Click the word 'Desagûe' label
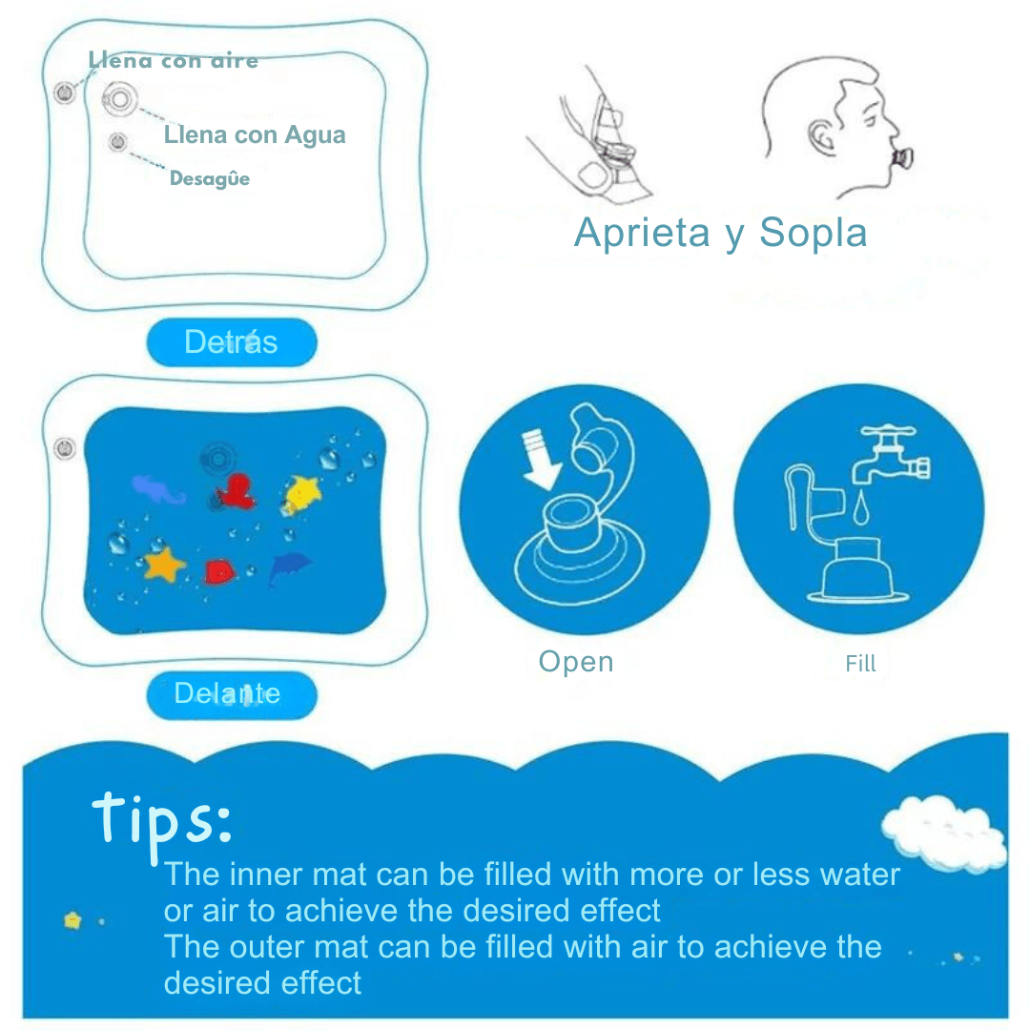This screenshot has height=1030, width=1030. tap(210, 178)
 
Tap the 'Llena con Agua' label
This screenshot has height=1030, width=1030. tap(255, 134)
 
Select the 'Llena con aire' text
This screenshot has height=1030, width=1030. tap(173, 61)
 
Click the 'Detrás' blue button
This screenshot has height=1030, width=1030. tap(231, 342)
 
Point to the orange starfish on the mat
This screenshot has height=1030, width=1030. tap(164, 564)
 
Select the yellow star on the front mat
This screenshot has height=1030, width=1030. tap(302, 493)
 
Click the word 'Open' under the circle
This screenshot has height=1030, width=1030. tap(576, 662)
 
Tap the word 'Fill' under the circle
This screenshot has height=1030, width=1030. tap(860, 664)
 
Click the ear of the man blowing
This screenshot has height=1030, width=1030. tap(818, 134)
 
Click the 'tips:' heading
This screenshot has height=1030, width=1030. tap(162, 818)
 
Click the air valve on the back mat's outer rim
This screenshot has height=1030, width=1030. tap(65, 93)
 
